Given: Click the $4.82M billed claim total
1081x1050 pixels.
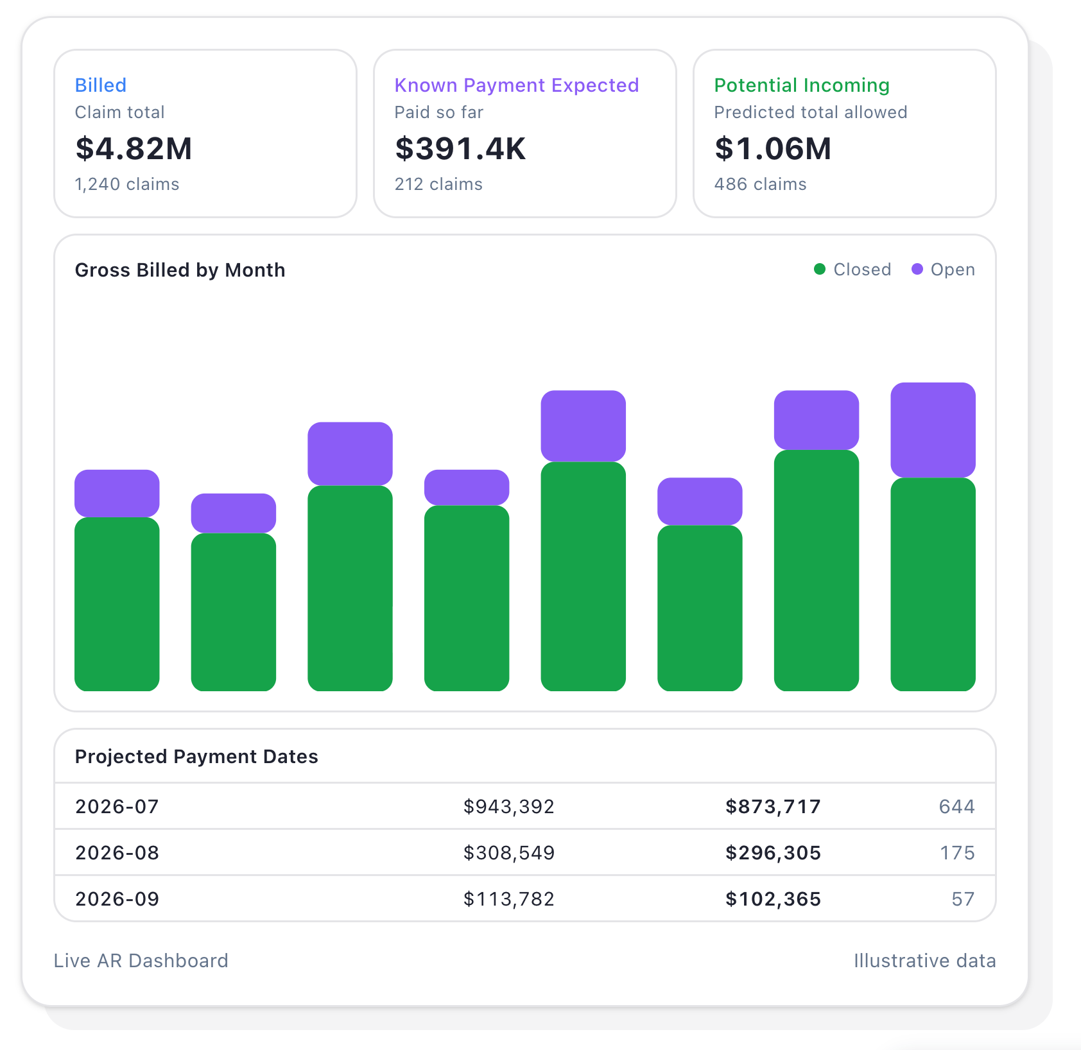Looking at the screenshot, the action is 134,148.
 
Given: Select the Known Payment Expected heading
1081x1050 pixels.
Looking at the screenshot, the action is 517,85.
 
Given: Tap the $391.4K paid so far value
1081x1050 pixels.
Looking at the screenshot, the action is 460,148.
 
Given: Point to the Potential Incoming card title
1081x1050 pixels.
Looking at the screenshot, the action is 802,85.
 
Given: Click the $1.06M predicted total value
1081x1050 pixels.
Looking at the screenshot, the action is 773,148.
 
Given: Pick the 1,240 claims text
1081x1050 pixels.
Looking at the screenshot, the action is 127,184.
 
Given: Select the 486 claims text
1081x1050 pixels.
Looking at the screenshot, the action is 761,184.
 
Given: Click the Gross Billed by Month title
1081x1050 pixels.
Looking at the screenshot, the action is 180,270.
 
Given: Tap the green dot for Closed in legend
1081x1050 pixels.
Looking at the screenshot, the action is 820,270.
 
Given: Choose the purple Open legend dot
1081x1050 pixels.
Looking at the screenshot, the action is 917,270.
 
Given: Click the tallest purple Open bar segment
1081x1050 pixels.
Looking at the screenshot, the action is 933,430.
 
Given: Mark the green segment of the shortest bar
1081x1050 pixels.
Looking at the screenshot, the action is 234,612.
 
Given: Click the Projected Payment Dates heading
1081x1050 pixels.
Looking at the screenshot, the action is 196,757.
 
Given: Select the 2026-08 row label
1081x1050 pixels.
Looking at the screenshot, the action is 117,853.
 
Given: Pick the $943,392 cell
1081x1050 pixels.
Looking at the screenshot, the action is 509,807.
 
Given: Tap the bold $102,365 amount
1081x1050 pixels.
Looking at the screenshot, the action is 773,899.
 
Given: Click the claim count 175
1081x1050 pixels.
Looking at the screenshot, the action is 957,853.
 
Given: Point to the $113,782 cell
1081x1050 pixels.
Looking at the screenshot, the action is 509,899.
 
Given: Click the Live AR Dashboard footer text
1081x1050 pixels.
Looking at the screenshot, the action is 141,961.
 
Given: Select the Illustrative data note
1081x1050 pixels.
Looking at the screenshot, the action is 925,961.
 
